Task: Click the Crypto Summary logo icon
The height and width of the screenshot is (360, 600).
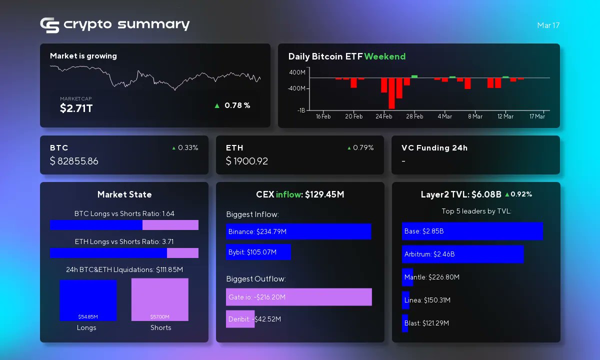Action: click(x=49, y=25)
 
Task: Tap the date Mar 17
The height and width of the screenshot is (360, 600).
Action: click(x=548, y=25)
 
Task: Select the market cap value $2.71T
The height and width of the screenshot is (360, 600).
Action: click(x=76, y=108)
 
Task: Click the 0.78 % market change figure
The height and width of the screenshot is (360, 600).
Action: click(x=237, y=105)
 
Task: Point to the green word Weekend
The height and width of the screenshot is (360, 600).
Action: click(x=384, y=56)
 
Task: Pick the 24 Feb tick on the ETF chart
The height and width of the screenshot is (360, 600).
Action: click(x=384, y=116)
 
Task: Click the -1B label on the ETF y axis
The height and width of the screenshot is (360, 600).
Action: click(x=301, y=110)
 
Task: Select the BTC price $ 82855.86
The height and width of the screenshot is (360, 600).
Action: click(x=74, y=161)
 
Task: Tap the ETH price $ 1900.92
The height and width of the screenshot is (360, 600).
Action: click(x=246, y=161)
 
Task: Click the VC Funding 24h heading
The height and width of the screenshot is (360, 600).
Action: click(x=434, y=148)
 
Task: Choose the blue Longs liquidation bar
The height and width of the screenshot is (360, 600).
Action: click(x=88, y=299)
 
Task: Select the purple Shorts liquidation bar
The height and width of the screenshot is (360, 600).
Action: click(x=160, y=299)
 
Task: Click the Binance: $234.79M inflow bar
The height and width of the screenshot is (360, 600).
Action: click(x=298, y=231)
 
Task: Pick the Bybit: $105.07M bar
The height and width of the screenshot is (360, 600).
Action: click(x=258, y=252)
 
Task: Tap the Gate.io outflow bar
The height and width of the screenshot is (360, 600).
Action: click(x=298, y=297)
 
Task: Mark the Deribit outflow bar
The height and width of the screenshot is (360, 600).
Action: click(x=240, y=319)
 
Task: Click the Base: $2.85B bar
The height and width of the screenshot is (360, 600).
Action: click(x=472, y=231)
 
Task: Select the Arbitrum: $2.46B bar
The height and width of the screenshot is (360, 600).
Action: click(x=462, y=254)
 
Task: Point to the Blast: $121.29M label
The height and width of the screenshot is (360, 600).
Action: click(x=426, y=323)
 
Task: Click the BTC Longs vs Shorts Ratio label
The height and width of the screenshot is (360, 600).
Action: click(x=124, y=213)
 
